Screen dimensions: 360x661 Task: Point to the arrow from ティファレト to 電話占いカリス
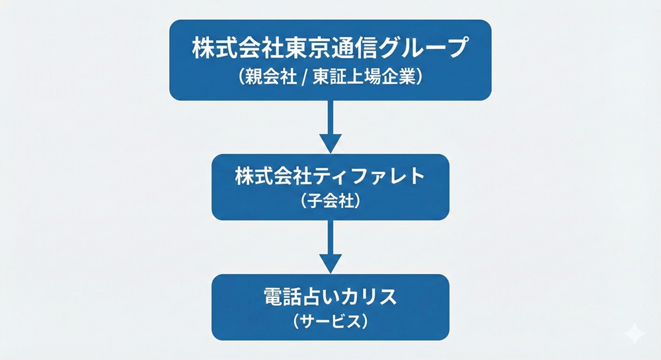(x=330, y=244)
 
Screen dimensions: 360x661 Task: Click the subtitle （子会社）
(x=330, y=200)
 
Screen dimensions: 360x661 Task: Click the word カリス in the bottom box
(x=373, y=297)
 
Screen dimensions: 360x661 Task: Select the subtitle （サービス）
(x=330, y=322)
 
